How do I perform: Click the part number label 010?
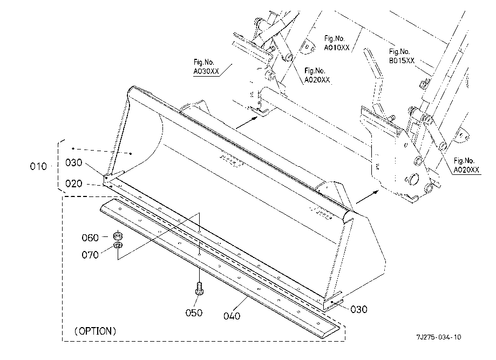pyautogui.click(x=38, y=166)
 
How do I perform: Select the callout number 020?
pyautogui.click(x=74, y=184)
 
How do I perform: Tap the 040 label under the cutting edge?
pyautogui.click(x=232, y=316)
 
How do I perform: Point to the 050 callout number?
pyautogui.click(x=194, y=313)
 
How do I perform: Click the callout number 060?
pyautogui.click(x=90, y=237)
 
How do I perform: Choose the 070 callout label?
pyautogui.click(x=90, y=255)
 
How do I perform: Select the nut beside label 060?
pyautogui.click(x=118, y=236)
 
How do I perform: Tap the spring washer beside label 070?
pyautogui.click(x=118, y=245)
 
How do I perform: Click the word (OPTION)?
pyautogui.click(x=95, y=331)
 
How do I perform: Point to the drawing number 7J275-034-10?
pyautogui.click(x=439, y=337)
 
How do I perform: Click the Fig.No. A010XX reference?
pyautogui.click(x=337, y=43)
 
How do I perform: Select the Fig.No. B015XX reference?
pyautogui.click(x=402, y=56)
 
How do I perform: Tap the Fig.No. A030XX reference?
pyautogui.click(x=206, y=67)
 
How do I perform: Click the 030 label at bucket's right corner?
pyautogui.click(x=359, y=309)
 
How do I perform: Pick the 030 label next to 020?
pyautogui.click(x=74, y=162)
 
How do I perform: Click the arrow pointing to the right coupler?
pyautogui.click(x=368, y=197)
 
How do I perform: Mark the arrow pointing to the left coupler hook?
pyautogui.click(x=247, y=123)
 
